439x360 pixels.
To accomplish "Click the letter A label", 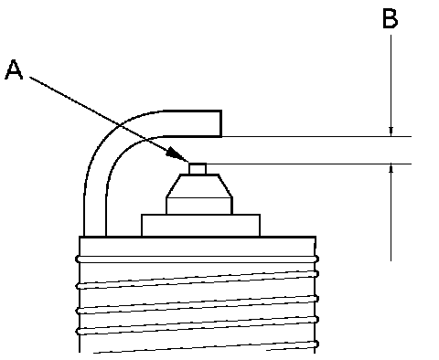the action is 14,69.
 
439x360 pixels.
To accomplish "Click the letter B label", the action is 391,19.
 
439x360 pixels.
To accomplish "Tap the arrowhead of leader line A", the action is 177,154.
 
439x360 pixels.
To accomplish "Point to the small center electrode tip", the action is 198,169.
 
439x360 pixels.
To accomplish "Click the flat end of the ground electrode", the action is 221,123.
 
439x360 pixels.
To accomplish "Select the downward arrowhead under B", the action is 391,132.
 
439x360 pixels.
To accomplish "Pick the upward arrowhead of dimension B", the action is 391,169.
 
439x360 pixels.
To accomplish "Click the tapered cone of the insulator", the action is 199,185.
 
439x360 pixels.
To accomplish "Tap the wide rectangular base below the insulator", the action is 200,226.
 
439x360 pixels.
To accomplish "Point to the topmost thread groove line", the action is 198,259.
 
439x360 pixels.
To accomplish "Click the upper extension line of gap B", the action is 316,136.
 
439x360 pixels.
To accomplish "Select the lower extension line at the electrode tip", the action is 309,164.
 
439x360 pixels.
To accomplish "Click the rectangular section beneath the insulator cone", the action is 199,206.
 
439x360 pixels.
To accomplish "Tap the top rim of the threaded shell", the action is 198,237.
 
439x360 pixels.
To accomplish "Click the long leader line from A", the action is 109,119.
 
